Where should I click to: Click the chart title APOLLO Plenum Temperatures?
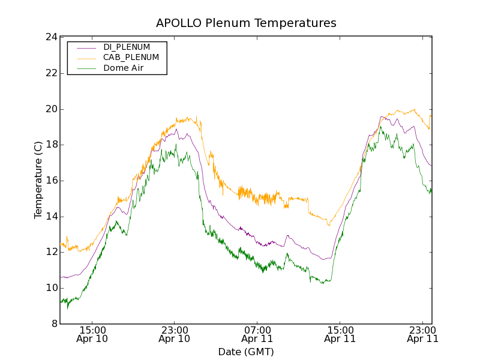[x=246, y=23]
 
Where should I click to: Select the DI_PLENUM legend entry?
[x=127, y=47]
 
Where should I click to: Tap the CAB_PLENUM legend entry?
[x=131, y=58]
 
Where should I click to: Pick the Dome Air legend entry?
[x=123, y=68]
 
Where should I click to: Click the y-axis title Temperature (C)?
[x=38, y=180]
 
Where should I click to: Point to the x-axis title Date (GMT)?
[x=246, y=352]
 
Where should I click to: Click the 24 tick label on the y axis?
[x=50, y=37]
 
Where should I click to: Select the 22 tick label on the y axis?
[x=50, y=73]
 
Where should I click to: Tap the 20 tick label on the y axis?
[x=50, y=109]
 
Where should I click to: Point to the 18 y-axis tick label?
[x=50, y=145]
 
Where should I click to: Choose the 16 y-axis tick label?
[x=50, y=181]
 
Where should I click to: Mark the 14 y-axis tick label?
[x=50, y=217]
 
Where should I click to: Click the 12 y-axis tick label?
[x=50, y=252]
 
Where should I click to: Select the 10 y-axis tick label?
[x=50, y=288]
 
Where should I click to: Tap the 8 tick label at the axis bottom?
[x=53, y=324]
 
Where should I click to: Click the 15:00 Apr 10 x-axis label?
[x=92, y=334]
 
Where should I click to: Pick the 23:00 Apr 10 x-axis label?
[x=175, y=334]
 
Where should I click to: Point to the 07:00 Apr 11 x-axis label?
[x=257, y=334]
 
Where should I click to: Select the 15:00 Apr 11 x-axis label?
[x=340, y=334]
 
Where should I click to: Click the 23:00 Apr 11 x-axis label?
[x=422, y=334]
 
